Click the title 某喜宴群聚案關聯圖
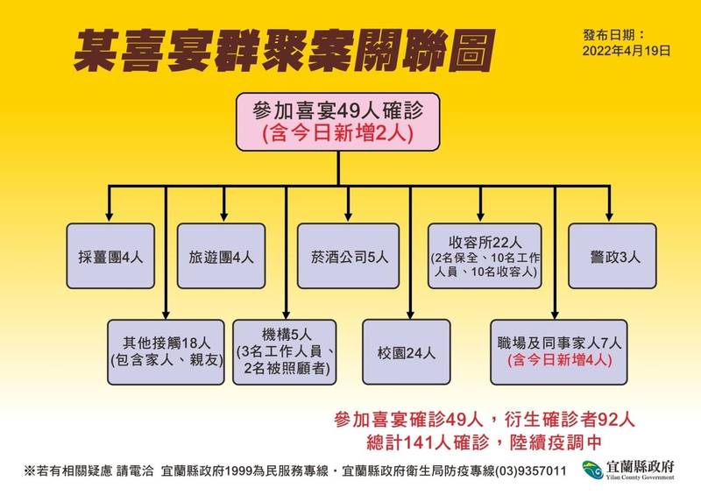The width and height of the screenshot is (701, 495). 281,52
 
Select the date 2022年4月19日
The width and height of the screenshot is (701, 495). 626,51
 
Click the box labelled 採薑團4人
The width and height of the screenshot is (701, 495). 110,258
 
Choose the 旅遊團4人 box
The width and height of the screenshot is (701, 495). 221,258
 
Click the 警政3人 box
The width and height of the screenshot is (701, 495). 611,258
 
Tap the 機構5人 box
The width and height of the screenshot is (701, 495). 286,351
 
